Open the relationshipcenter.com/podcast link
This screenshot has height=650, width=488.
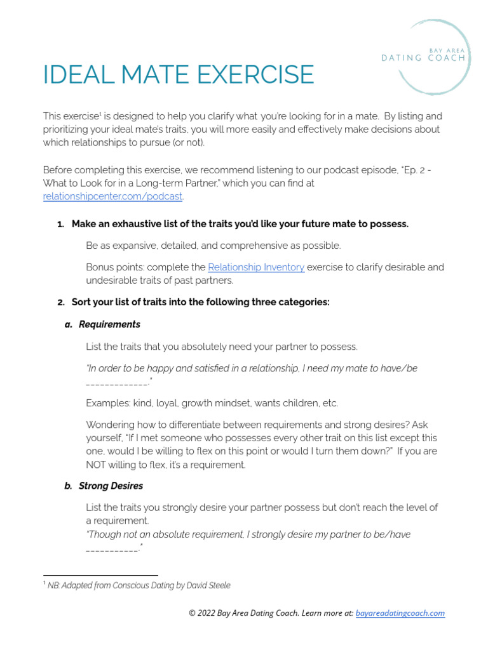click(x=112, y=196)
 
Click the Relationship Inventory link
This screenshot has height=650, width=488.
click(x=256, y=267)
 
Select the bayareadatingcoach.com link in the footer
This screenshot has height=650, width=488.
click(x=400, y=613)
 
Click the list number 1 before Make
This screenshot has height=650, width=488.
click(x=61, y=224)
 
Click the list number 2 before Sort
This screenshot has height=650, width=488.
click(x=61, y=302)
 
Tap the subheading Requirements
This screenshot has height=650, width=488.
click(x=109, y=324)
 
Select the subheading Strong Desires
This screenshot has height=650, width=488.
click(x=111, y=486)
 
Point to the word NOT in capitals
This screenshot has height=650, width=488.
click(x=98, y=465)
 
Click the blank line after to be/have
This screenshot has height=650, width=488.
click(x=112, y=549)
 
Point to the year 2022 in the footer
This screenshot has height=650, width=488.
click(x=208, y=613)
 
